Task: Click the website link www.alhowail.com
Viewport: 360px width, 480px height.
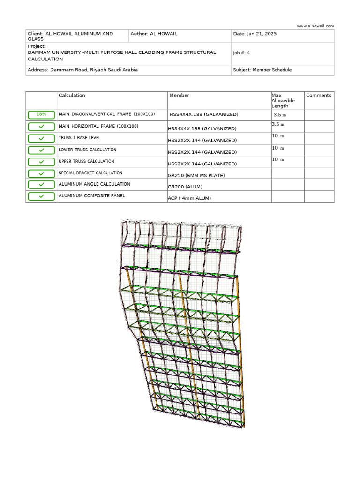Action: [x=315, y=26]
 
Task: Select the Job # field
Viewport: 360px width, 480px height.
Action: [x=241, y=53]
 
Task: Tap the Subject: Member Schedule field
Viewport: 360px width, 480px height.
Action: [x=262, y=70]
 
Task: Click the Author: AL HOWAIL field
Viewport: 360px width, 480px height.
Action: [x=154, y=34]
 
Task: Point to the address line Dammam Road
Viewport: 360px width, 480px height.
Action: [x=83, y=70]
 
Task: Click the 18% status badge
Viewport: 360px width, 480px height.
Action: [x=41, y=114]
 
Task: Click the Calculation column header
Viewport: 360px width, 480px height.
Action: [x=72, y=95]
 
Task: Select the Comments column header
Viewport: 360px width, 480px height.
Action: [x=318, y=95]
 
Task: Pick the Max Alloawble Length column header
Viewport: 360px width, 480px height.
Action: [x=283, y=100]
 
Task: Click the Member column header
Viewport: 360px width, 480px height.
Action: [x=179, y=95]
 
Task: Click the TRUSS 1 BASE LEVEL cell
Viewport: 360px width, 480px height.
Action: [x=80, y=138]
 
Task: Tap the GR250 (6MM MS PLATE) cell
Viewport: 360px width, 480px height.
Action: [x=196, y=175]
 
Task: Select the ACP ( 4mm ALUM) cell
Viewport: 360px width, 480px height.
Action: [x=189, y=198]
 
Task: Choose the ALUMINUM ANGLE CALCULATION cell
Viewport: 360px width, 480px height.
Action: [x=94, y=184]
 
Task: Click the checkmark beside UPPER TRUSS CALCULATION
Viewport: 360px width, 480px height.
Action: [x=41, y=162]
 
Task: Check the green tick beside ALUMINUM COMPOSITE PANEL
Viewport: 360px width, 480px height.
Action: [x=41, y=196]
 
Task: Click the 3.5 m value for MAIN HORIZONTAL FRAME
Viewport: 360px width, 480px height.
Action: [x=278, y=125]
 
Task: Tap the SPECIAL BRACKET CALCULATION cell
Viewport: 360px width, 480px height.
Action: [x=90, y=173]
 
